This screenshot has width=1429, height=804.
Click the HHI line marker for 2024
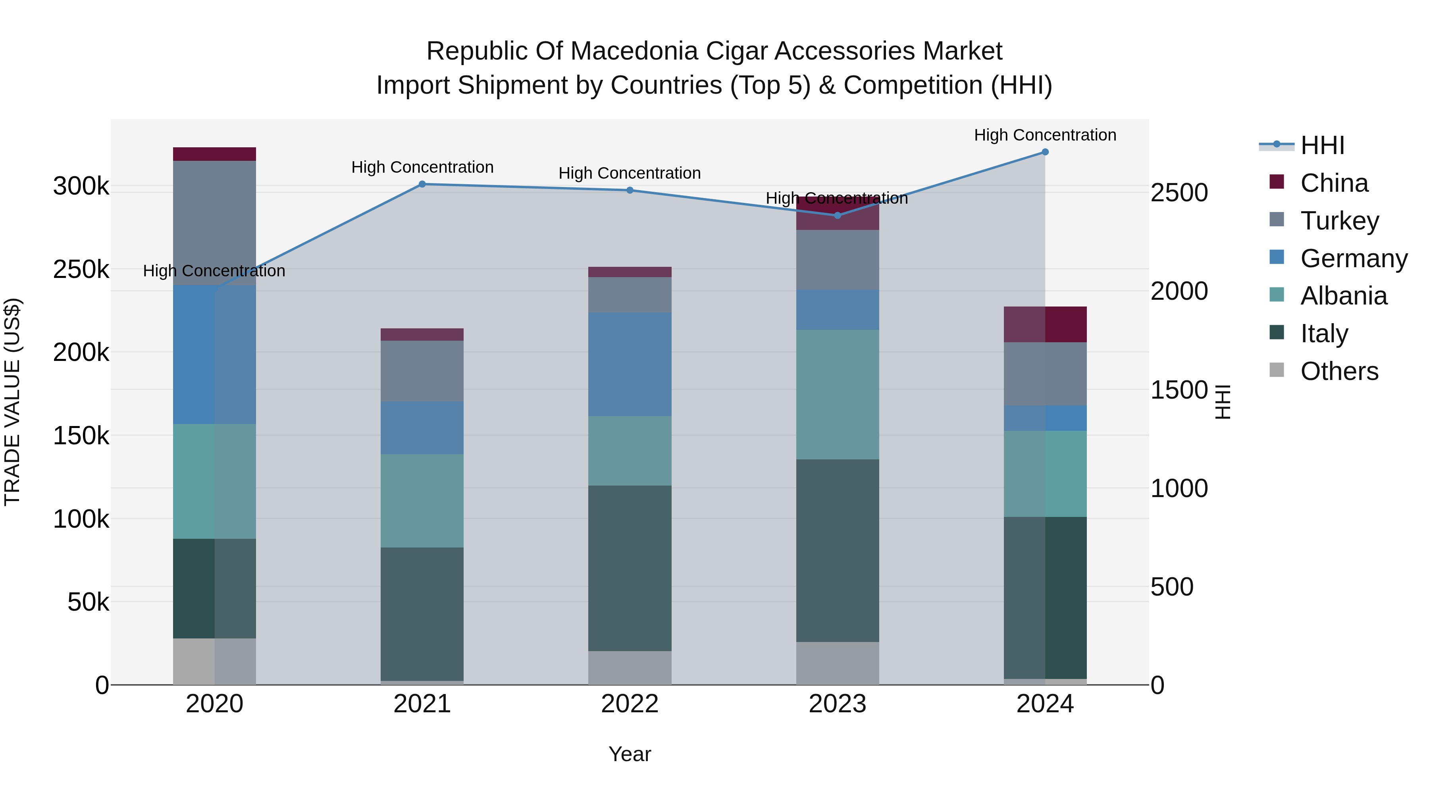point(1045,152)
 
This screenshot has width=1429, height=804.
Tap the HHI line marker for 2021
point(422,184)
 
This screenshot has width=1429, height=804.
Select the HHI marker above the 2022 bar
point(630,190)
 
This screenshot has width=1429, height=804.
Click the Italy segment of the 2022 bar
point(630,568)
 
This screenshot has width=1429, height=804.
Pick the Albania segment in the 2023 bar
point(837,395)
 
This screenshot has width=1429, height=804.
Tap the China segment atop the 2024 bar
point(1045,324)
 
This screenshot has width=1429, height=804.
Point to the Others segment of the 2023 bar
point(837,663)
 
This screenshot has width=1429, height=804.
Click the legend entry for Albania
point(1343,296)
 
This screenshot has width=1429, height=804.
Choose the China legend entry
point(1334,183)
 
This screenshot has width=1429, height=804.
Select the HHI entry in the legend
point(1322,145)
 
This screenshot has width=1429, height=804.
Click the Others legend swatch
point(1277,370)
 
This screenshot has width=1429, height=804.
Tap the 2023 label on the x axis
point(837,704)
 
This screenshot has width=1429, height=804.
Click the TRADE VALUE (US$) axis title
point(12,402)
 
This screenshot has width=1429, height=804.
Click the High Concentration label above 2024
point(1045,135)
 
